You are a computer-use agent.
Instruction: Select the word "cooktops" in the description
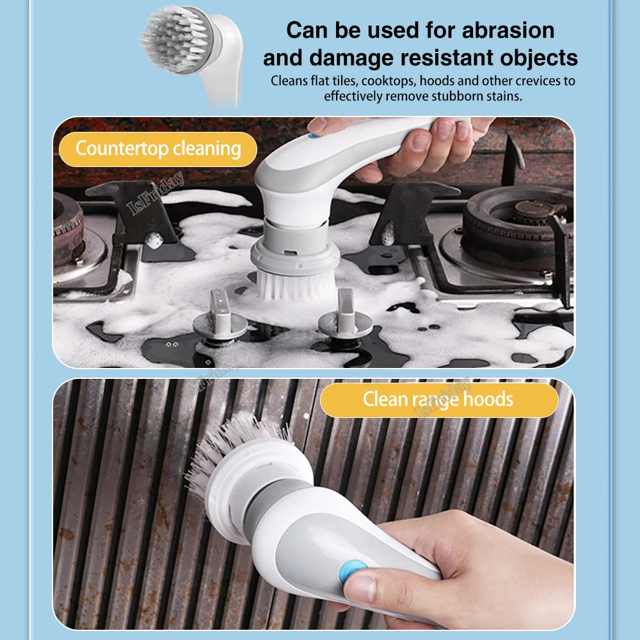388,81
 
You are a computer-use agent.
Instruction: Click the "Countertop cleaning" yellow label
158,149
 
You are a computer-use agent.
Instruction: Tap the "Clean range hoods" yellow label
439,399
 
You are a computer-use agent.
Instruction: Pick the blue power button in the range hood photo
352,571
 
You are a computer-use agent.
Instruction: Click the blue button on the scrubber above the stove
314,135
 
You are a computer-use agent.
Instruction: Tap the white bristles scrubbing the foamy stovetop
296,286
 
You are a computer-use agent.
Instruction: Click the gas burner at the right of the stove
517,224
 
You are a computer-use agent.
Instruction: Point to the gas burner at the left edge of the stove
67,228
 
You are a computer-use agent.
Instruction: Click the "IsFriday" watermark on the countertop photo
155,193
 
